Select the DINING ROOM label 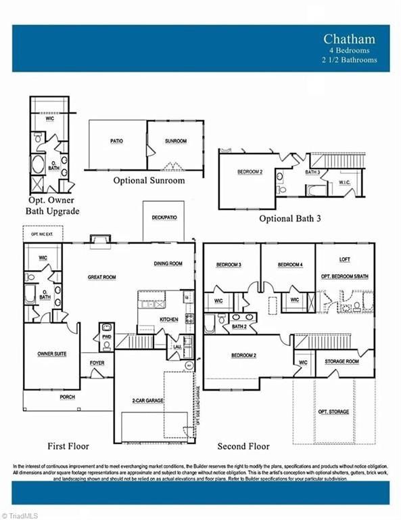click(x=168, y=263)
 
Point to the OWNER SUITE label click(x=51, y=353)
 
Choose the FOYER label click(x=97, y=363)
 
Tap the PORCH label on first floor click(x=67, y=397)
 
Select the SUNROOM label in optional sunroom click(x=175, y=142)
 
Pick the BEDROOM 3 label click(x=229, y=264)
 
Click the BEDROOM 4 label click(x=290, y=264)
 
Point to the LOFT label click(x=345, y=259)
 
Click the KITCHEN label click(x=168, y=319)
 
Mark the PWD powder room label click(x=106, y=336)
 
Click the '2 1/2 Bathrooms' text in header click(x=349, y=60)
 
